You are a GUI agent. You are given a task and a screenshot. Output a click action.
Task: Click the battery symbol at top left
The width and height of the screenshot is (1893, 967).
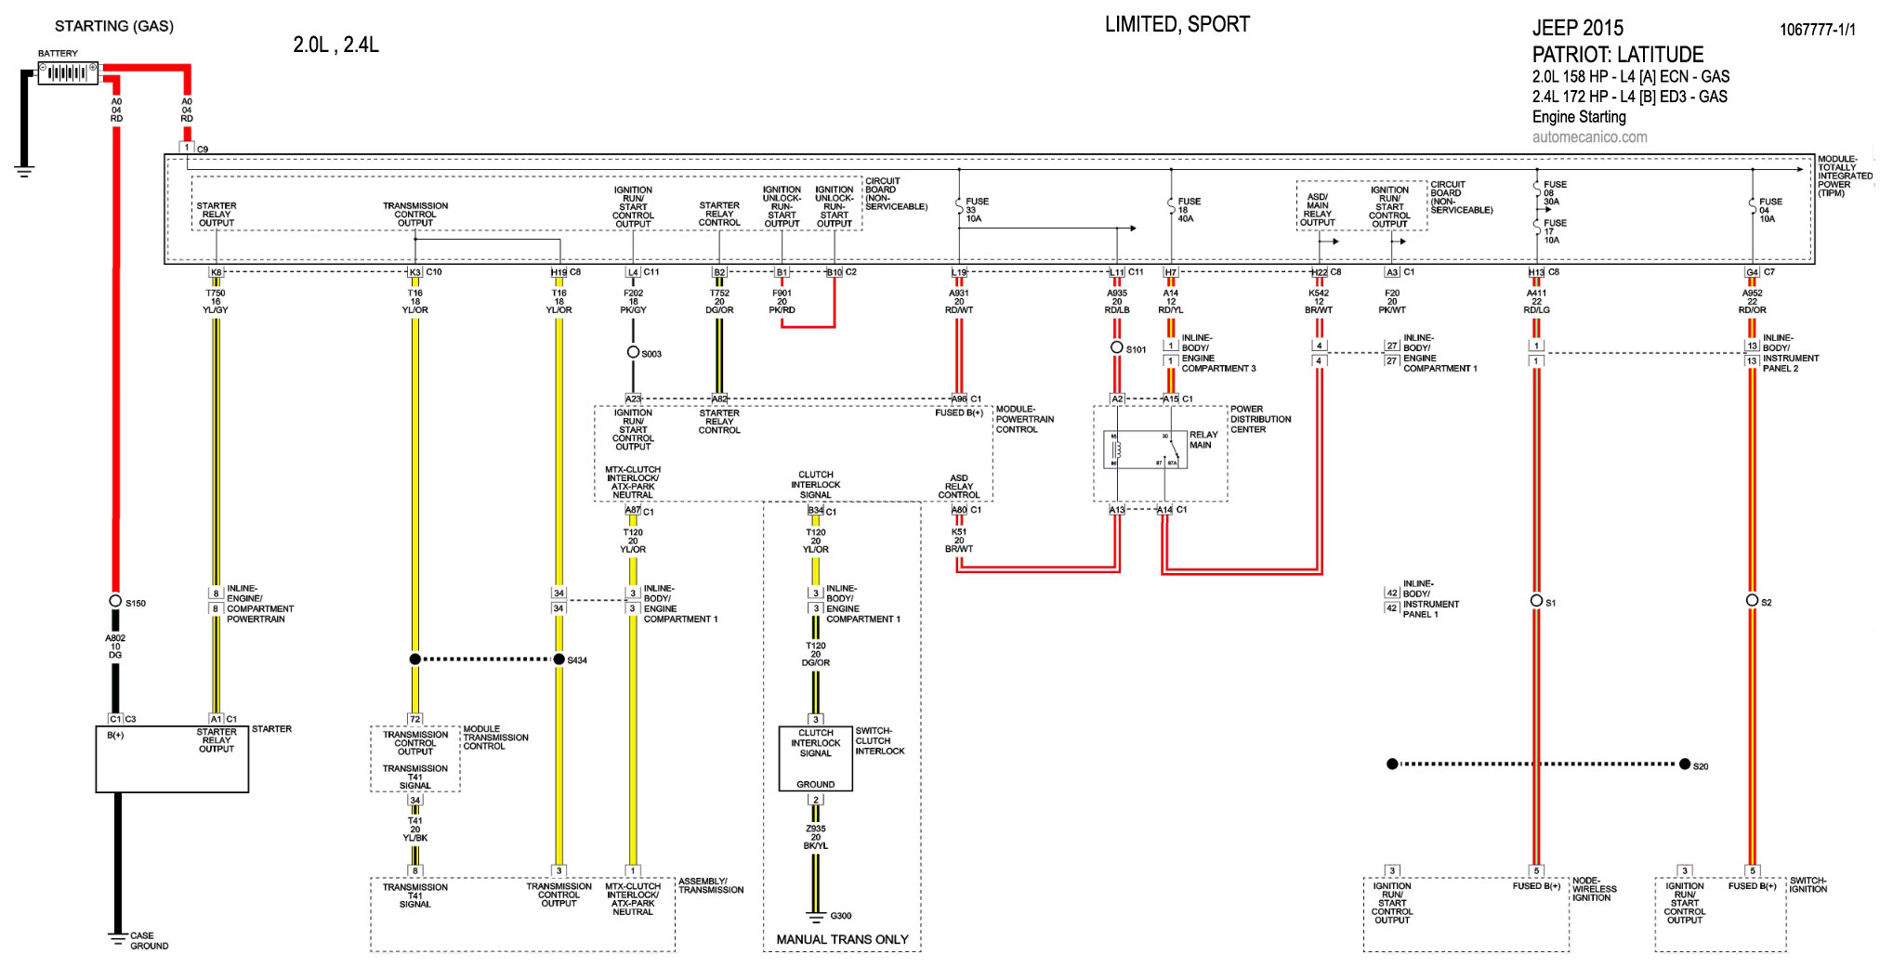[68, 72]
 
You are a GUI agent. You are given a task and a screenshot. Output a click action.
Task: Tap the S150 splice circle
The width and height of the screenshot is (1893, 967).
[115, 601]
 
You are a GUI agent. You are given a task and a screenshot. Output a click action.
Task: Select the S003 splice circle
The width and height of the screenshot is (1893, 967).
[633, 352]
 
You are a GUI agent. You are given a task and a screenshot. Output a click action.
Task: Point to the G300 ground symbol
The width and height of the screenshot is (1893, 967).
[816, 918]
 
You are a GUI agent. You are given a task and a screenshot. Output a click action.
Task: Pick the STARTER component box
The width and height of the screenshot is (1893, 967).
[172, 759]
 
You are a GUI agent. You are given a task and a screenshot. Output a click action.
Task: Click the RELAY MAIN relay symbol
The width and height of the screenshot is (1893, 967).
[1145, 450]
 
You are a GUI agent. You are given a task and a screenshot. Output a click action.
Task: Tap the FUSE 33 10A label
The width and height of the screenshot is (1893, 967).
[976, 210]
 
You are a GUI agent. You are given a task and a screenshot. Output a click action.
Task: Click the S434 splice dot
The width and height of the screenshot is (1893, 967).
[559, 660]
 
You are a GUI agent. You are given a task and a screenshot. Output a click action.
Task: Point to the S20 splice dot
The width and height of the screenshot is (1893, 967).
[1685, 764]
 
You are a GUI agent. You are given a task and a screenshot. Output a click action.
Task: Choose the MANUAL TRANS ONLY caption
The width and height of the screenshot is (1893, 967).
[842, 940]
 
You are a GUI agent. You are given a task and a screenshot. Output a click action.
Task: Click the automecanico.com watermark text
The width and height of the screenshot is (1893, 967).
[1589, 137]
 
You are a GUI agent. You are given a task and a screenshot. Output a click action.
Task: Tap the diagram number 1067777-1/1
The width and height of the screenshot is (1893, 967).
[1817, 30]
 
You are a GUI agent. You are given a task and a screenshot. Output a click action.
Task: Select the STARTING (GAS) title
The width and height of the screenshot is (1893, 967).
[114, 26]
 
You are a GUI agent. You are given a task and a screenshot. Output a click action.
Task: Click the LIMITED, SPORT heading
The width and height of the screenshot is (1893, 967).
[1177, 25]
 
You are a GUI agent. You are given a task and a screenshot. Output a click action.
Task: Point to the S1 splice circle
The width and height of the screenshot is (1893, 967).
[1537, 601]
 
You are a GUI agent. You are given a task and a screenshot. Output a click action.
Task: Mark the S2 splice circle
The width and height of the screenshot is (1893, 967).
[1752, 601]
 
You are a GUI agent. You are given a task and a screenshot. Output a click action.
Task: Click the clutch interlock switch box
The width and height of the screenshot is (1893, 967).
[815, 759]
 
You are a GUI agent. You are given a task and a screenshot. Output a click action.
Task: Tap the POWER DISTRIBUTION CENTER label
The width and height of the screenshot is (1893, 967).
[1260, 419]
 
